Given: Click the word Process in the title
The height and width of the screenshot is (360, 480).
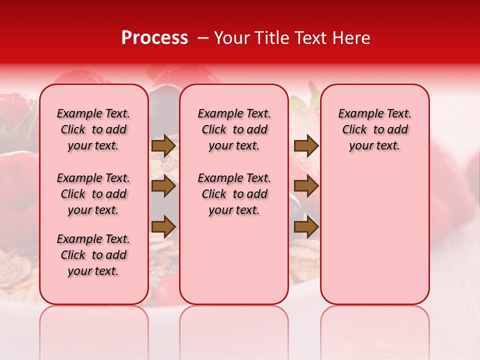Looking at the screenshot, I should (154, 38).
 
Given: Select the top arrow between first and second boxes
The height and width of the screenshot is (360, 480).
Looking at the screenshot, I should (163, 146).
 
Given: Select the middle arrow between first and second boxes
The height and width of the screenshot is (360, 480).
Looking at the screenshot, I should (163, 186).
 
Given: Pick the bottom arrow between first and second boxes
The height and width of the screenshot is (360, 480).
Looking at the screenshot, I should (163, 226).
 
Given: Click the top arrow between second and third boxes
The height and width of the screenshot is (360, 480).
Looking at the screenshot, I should (306, 146).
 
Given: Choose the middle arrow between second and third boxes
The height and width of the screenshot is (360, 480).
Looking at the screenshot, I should (306, 186).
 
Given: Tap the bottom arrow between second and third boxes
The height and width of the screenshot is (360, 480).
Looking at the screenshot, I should (306, 226).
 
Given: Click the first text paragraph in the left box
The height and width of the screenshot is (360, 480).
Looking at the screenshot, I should (93, 129).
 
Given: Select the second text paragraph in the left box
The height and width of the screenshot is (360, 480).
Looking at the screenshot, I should (93, 194).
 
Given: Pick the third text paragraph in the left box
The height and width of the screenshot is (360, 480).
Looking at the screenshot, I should (93, 255).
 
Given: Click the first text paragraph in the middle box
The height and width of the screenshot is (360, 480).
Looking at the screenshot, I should (234, 129).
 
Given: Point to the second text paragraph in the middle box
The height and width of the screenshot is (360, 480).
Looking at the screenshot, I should (234, 194).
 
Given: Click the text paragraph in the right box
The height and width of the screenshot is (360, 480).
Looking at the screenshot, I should (374, 129).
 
